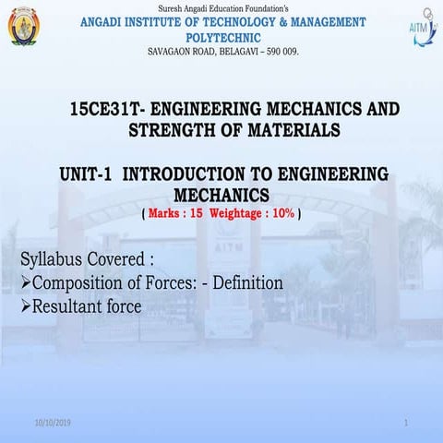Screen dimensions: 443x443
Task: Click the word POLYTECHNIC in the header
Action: point(221,37)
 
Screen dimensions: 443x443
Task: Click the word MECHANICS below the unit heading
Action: point(221,195)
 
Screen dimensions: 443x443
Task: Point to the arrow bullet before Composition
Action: point(25,282)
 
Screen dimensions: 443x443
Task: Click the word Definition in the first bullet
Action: point(248,282)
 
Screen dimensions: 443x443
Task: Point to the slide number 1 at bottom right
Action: point(406,422)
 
